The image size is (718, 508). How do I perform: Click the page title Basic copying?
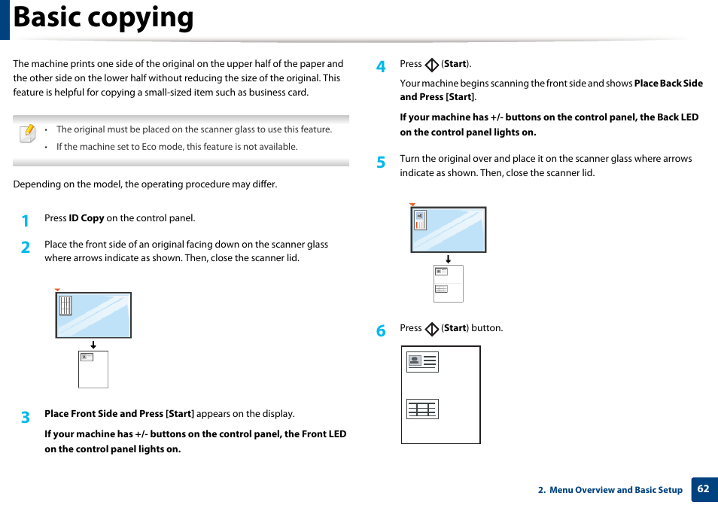[x=104, y=18]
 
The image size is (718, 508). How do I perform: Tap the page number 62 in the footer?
[x=703, y=489]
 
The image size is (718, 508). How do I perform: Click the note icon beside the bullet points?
[x=27, y=134]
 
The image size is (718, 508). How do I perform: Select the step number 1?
[x=26, y=221]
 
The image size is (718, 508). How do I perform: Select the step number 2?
[x=26, y=247]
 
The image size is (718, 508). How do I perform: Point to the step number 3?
[x=26, y=417]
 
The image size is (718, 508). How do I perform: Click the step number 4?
[x=381, y=67]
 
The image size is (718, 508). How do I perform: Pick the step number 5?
[x=381, y=162]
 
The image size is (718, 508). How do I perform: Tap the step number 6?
[x=381, y=331]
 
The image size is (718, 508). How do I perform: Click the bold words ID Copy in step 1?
[x=87, y=218]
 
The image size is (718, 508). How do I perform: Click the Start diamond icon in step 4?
[x=431, y=65]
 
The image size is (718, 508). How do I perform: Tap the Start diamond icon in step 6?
[x=431, y=330]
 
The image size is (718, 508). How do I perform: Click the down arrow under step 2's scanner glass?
[x=93, y=345]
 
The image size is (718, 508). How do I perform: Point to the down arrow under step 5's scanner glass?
[x=448, y=259]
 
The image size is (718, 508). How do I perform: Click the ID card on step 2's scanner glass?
[x=65, y=305]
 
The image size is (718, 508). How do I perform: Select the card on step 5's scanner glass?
[x=421, y=220]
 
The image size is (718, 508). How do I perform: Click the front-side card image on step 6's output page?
[x=422, y=362]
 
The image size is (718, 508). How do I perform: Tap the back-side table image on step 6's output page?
[x=422, y=409]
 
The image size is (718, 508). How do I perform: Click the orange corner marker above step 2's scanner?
[x=57, y=290]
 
